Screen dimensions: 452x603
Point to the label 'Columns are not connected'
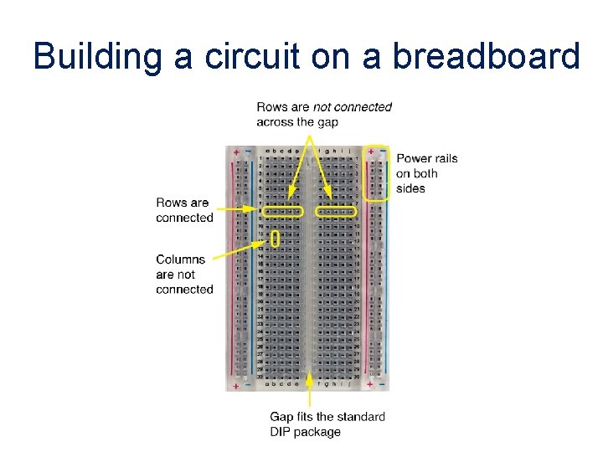(x=184, y=275)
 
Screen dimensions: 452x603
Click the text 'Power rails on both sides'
(x=426, y=173)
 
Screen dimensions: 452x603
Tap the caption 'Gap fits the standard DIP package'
(x=327, y=424)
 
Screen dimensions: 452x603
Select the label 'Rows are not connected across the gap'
(x=324, y=114)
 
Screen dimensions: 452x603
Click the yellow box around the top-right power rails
(x=379, y=172)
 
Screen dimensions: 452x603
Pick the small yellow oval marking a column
(x=275, y=239)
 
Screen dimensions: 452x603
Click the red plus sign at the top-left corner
(x=237, y=152)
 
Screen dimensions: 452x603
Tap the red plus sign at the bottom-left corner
(x=237, y=386)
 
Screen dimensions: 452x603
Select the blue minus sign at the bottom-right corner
(x=382, y=386)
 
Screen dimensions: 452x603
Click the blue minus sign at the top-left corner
(x=247, y=152)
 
